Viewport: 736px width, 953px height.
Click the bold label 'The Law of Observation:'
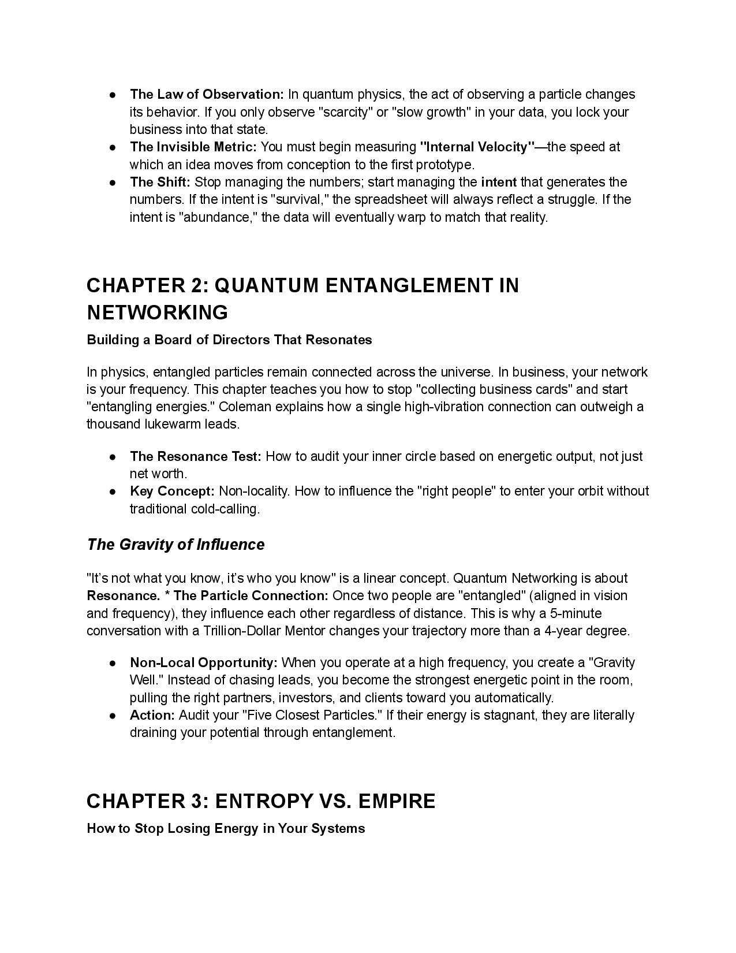click(207, 94)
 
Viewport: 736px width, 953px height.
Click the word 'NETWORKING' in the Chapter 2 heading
click(158, 312)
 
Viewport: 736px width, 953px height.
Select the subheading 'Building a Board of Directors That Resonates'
click(229, 340)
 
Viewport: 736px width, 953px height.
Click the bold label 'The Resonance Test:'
click(196, 456)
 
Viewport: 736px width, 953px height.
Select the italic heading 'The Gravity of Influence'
click(175, 545)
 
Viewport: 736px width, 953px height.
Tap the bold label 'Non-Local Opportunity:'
click(204, 662)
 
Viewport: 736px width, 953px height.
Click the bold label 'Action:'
click(152, 715)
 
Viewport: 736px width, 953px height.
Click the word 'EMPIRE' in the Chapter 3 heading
click(397, 801)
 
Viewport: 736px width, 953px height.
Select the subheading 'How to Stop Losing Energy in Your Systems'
click(226, 828)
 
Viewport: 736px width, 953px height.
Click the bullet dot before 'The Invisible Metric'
click(114, 147)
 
